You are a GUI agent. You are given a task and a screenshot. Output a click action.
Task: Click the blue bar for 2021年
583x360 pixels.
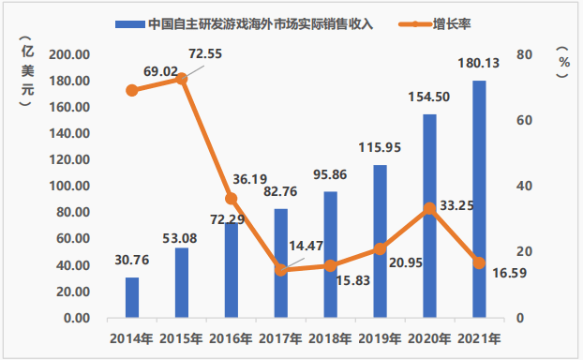point(479,200)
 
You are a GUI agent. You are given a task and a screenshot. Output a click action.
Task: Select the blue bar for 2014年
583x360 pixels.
point(132,298)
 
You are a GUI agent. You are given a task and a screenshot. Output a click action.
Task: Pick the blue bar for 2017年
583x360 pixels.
point(280,263)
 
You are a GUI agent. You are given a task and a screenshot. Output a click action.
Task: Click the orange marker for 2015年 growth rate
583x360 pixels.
point(182,79)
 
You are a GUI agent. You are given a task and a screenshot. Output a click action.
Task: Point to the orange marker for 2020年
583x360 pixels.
point(429,208)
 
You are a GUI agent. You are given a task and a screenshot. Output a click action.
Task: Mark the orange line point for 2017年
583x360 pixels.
point(280,270)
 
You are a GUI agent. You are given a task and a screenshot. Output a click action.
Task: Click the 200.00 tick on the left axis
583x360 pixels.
point(70,55)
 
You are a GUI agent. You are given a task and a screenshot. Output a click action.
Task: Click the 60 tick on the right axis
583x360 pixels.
point(525,121)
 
